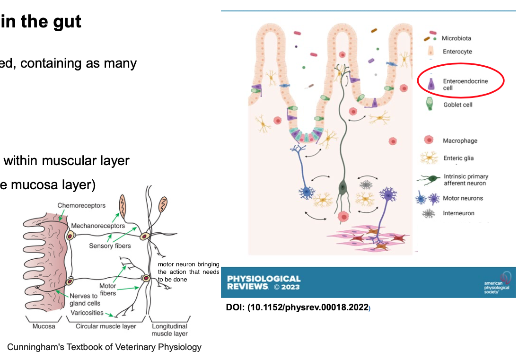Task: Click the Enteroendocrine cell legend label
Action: click(x=465, y=85)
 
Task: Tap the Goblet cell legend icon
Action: click(x=430, y=104)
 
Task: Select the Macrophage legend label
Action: click(x=460, y=140)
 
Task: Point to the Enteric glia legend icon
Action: click(x=429, y=158)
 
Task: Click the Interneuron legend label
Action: click(x=458, y=213)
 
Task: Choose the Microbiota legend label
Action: click(x=457, y=38)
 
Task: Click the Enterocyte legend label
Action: click(x=457, y=52)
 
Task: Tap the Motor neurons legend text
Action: click(x=463, y=198)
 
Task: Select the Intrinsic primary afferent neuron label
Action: click(x=466, y=180)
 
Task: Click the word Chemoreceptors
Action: click(x=81, y=205)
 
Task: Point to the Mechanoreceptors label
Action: click(x=98, y=226)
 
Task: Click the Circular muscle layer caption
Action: click(x=106, y=326)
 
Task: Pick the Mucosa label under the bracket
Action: click(x=44, y=326)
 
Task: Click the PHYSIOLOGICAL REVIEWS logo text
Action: click(x=263, y=282)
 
